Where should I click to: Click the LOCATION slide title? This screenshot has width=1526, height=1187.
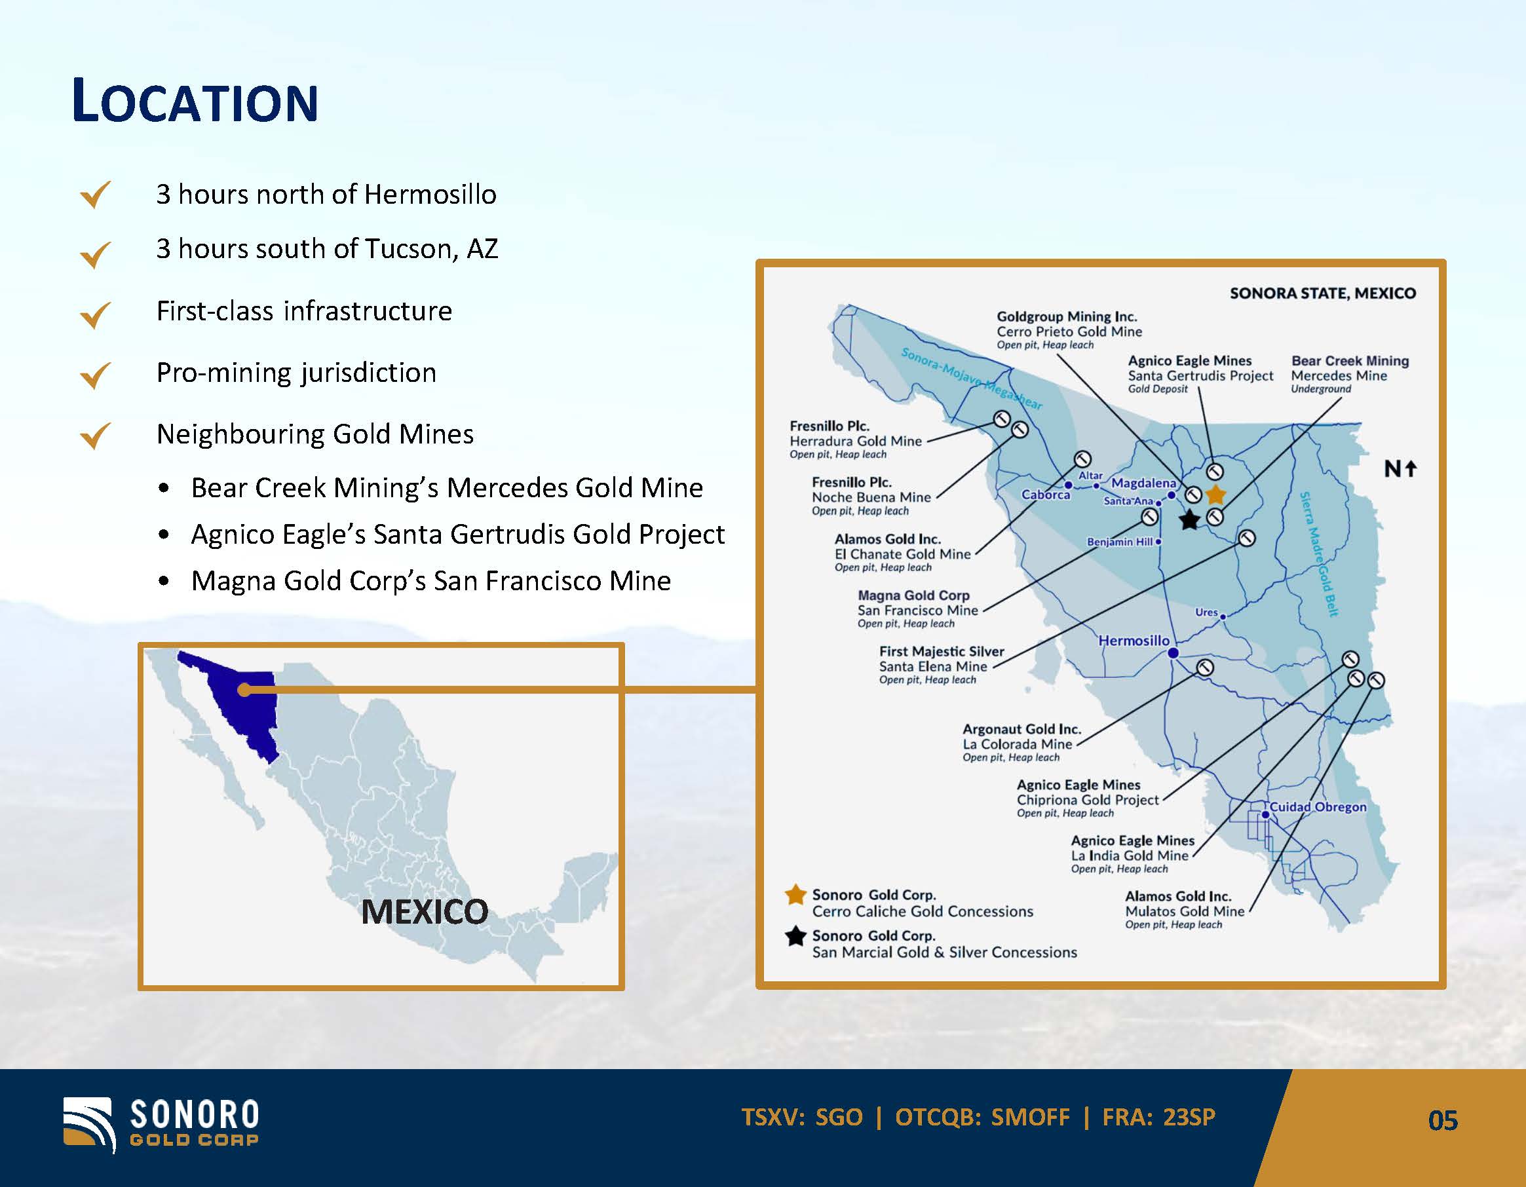195,102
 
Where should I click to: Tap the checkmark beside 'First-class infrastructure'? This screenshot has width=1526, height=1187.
96,314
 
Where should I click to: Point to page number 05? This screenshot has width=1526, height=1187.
1443,1121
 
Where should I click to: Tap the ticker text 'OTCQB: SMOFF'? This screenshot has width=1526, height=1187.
982,1117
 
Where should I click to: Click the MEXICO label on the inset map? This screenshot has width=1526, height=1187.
425,912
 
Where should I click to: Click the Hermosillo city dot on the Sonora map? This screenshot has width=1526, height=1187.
1173,652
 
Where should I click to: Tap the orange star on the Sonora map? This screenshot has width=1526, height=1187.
1216,495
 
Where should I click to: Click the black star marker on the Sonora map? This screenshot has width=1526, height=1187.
1189,519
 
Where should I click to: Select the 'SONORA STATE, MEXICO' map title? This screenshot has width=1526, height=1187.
1323,293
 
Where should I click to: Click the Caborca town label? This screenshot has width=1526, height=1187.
1045,495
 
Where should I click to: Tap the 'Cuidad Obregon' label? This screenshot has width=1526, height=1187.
1318,807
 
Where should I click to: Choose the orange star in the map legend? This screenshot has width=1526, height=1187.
796,895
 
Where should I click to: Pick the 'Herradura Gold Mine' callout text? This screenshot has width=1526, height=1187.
855,441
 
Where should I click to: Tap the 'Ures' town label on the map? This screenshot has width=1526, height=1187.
1207,612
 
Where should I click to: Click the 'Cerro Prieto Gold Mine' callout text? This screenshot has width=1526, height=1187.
1069,332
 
